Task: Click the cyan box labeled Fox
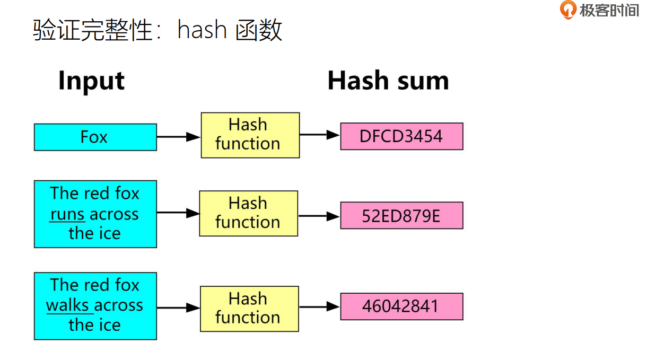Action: tap(95, 137)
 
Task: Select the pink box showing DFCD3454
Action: tap(401, 136)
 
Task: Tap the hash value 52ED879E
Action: tap(401, 216)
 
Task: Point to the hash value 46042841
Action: tap(401, 306)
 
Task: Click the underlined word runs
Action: tap(67, 215)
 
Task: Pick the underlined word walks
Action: tap(68, 305)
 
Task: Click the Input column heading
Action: tap(91, 81)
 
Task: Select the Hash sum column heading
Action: tap(388, 81)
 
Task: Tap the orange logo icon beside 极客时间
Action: tap(568, 10)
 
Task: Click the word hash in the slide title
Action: tap(202, 31)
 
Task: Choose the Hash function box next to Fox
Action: tap(250, 135)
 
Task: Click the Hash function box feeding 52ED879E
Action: tap(248, 213)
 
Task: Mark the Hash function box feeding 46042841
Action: tap(249, 309)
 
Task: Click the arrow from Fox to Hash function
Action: tap(178, 137)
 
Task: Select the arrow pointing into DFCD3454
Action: tap(320, 135)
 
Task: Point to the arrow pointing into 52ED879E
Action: tap(319, 216)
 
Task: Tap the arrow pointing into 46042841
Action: tap(320, 306)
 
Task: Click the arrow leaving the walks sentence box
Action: tap(178, 308)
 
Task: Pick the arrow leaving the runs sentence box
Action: tap(178, 213)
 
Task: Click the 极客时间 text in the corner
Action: tap(609, 10)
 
